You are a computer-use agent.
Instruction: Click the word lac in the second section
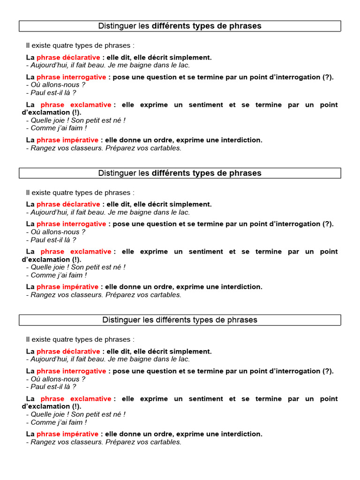pos(184,212)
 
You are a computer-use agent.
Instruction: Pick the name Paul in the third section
pos(39,387)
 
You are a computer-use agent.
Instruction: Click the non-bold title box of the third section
pos(180,320)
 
